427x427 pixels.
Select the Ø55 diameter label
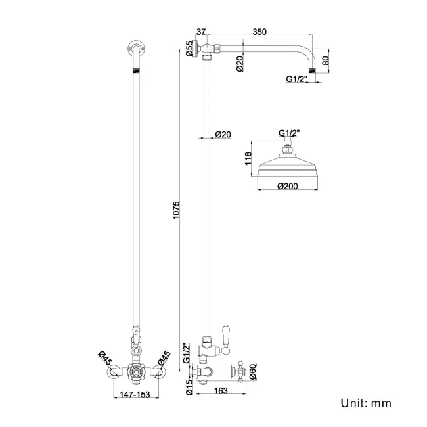[x=189, y=50]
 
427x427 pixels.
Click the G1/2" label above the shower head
[x=288, y=133]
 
